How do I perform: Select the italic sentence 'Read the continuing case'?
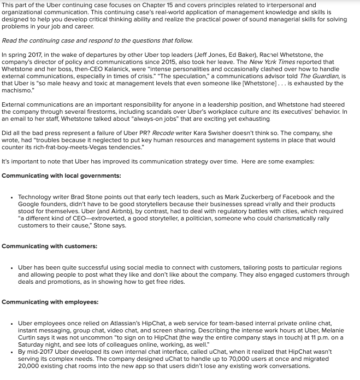(x=97, y=41)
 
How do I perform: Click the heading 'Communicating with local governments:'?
(x=61, y=176)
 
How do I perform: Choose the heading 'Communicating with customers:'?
(x=49, y=247)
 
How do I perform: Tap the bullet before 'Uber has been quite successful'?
(x=12, y=268)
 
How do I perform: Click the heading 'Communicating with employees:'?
(x=50, y=302)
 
